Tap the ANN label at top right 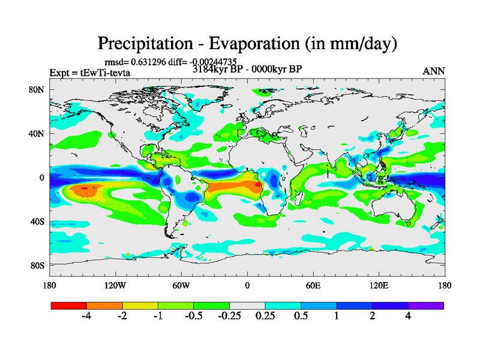[x=434, y=71]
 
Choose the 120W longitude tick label [x=115, y=285]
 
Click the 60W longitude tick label [x=181, y=285]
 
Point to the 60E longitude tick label [x=313, y=285]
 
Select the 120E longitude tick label [x=379, y=285]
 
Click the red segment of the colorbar [x=69, y=305]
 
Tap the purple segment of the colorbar [x=426, y=305]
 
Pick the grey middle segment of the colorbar [x=247, y=305]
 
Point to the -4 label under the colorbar [x=86, y=317]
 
